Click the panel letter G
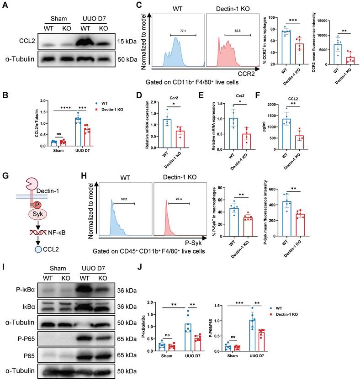click(6, 174)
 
